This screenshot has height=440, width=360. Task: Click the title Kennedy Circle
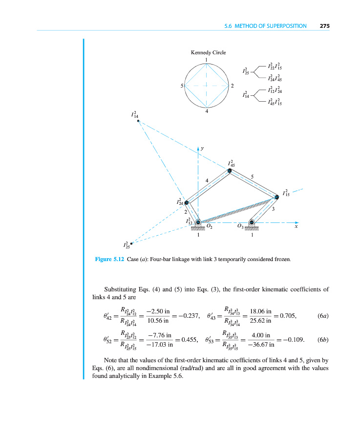(x=208, y=53)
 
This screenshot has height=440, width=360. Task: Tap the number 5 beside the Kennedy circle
(x=181, y=86)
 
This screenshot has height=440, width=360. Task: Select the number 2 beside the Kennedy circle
(x=233, y=86)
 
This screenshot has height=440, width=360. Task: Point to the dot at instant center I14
(x=139, y=121)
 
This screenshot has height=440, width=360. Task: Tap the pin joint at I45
(x=230, y=171)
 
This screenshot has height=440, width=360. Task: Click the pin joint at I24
(x=186, y=202)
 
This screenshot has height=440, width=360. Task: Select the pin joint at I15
(x=276, y=197)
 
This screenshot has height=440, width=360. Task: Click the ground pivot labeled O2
(x=198, y=223)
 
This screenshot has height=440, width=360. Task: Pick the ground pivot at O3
(x=252, y=223)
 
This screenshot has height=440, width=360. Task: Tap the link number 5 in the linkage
(x=252, y=176)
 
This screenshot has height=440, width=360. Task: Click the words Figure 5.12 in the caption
(x=109, y=259)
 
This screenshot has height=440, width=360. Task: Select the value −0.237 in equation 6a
(x=188, y=316)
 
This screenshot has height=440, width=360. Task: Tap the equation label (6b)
(x=322, y=339)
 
